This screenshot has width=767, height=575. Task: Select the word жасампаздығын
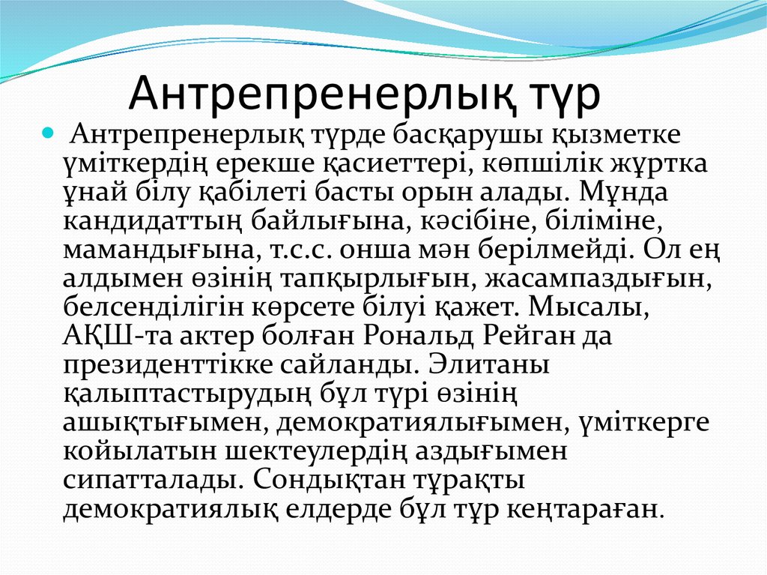tap(596, 279)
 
